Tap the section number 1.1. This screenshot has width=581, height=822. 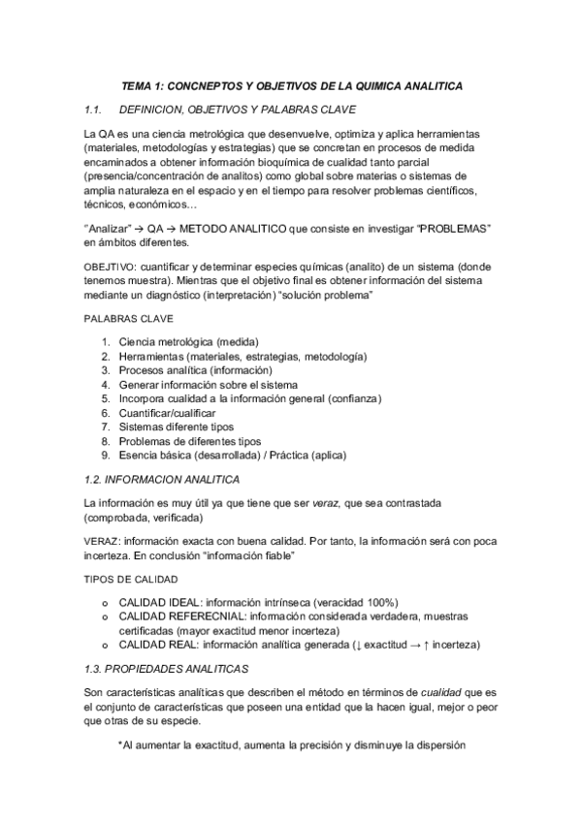(x=98, y=109)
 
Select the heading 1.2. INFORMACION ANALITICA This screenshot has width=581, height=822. (x=162, y=480)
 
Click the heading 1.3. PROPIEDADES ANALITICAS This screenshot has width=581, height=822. (x=166, y=669)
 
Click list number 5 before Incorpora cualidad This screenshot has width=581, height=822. (x=106, y=398)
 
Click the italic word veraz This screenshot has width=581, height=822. (x=326, y=504)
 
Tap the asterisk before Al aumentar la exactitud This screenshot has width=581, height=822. (x=120, y=746)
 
